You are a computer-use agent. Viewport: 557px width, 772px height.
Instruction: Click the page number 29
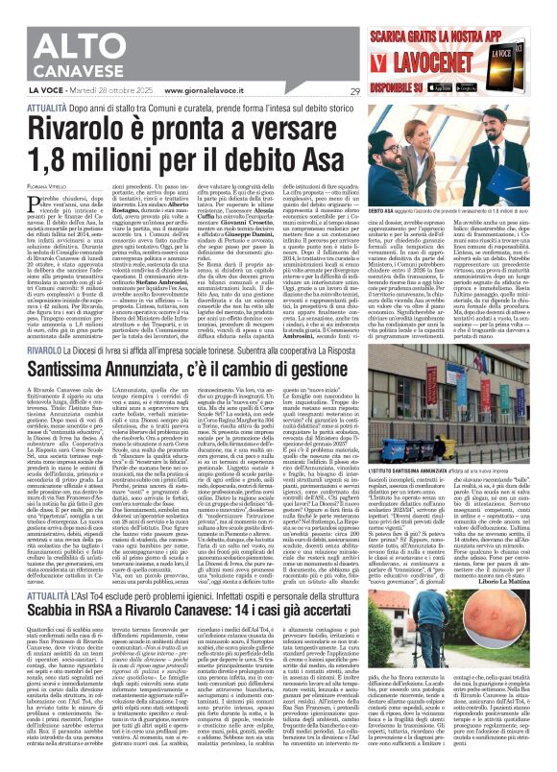click(353, 92)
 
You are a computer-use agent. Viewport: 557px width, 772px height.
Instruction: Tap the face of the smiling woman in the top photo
click(516, 158)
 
